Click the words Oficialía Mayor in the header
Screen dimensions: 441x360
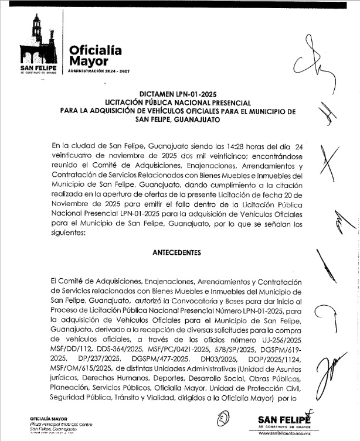(x=96, y=56)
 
